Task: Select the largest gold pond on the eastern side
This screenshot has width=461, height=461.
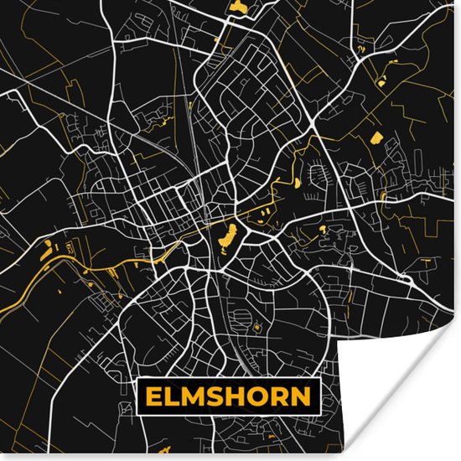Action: [376, 137]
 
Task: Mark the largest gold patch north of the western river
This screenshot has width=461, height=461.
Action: [49, 247]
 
